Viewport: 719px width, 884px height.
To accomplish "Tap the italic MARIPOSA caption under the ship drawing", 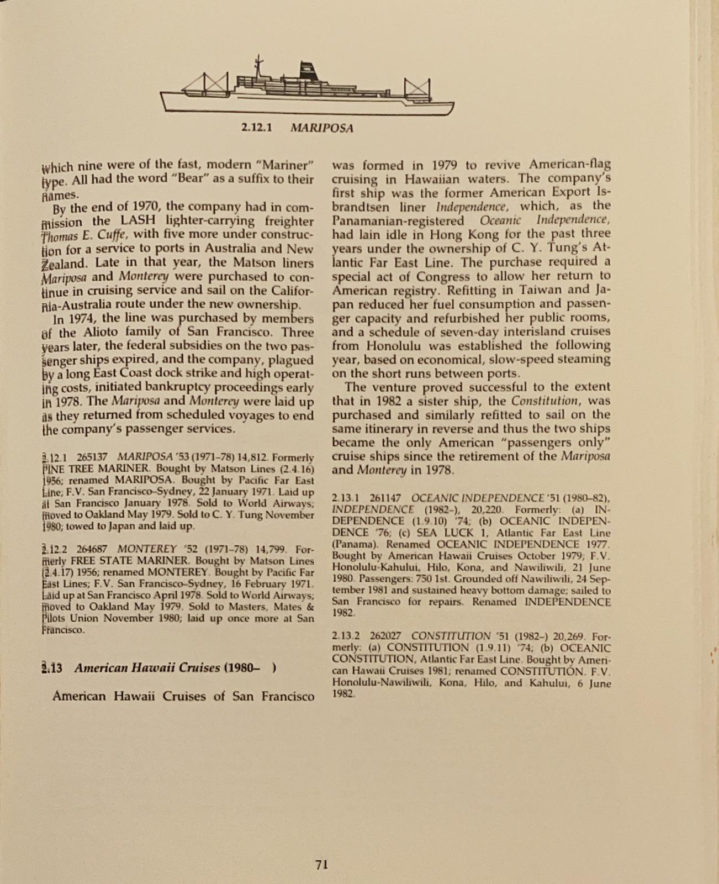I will (321, 128).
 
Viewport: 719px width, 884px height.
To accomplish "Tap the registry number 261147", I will (385, 498).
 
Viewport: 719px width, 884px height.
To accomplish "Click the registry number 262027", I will (385, 636).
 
